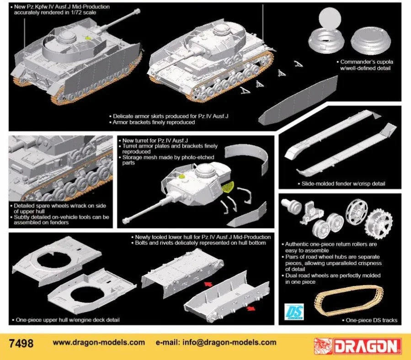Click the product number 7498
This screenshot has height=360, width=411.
tap(21, 342)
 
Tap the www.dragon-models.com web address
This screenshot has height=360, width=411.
tap(99, 342)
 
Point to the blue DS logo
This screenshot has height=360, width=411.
tap(291, 312)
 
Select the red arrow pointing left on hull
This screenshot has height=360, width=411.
tap(208, 284)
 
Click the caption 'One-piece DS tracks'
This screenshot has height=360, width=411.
tap(372, 320)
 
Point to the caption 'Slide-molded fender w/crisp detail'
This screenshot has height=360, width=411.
tap(343, 184)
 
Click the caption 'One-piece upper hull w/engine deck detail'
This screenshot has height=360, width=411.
tap(68, 320)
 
